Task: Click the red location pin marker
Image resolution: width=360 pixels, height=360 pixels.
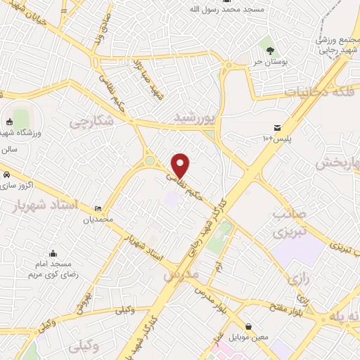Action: click(x=181, y=166)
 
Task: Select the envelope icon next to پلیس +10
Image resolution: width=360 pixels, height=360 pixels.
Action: click(x=277, y=127)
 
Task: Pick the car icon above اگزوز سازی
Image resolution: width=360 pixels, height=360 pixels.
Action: click(x=6, y=174)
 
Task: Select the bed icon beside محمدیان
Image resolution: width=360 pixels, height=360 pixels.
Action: click(x=98, y=209)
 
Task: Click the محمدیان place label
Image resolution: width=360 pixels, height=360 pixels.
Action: click(x=98, y=220)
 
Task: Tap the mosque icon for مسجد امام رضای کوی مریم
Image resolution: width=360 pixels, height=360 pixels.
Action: click(x=53, y=254)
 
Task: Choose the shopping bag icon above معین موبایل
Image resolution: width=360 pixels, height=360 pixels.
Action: click(x=250, y=327)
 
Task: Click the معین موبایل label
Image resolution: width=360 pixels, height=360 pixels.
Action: click(x=250, y=338)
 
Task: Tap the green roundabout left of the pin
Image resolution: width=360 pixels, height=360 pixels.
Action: click(x=150, y=162)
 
